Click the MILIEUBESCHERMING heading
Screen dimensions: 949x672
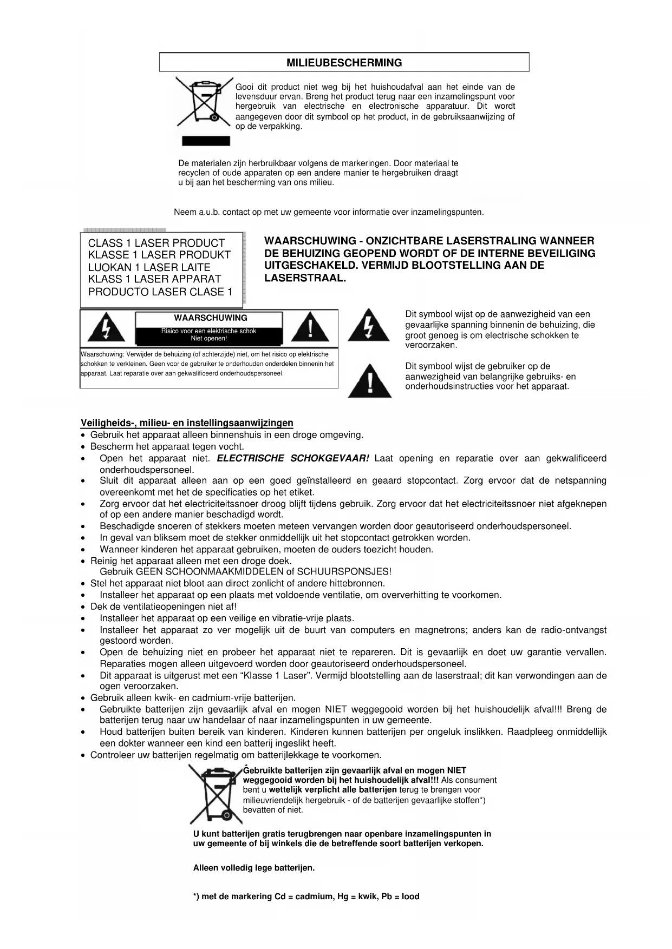pos(344,63)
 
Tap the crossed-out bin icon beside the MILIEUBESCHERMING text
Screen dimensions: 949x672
pos(204,103)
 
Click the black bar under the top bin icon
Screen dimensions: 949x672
pos(206,141)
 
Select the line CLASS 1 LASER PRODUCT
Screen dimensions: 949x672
pos(156,243)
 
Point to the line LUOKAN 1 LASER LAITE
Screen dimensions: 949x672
pos(149,267)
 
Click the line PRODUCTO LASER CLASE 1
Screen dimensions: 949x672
pos(160,292)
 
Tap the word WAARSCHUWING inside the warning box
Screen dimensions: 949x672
pos(210,318)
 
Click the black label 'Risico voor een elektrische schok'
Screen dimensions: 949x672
pos(208,331)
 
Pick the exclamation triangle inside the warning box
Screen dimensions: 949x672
pos(310,328)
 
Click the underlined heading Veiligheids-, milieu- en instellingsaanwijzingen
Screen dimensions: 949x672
pos(187,423)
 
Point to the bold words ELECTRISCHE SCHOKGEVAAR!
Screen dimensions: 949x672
pos(292,459)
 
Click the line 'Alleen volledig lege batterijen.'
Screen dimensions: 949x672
pos(254,868)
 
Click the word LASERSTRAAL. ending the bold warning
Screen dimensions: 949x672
pos(305,279)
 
